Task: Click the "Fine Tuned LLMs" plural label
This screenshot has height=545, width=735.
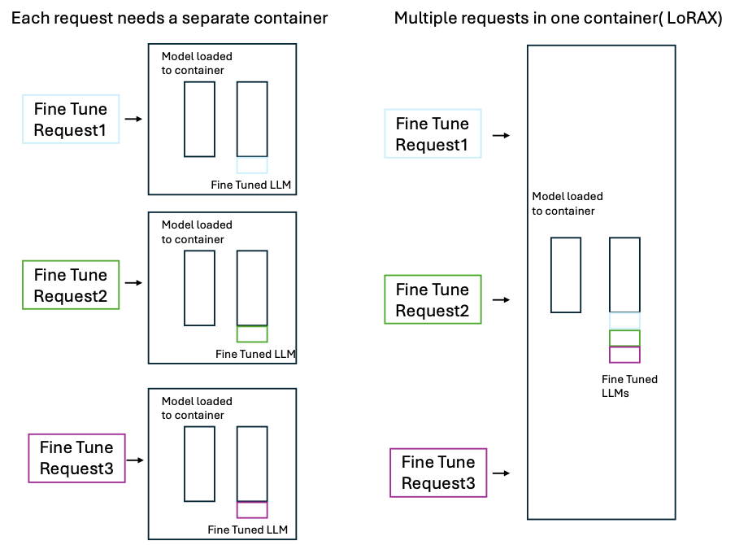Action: pos(629,386)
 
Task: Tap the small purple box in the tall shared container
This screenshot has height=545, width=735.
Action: pos(624,355)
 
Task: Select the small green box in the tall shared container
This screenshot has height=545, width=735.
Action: pos(624,338)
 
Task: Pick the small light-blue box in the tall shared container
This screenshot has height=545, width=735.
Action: pos(624,320)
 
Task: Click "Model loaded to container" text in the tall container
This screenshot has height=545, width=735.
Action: pos(568,203)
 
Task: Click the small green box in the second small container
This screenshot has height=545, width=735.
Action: pos(252,334)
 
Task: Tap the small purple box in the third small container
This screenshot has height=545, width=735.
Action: pos(252,510)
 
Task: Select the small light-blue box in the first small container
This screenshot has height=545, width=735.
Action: pos(252,165)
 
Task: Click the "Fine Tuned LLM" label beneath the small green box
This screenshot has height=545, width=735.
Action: pos(254,354)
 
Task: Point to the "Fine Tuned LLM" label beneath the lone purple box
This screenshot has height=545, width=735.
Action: pos(247,530)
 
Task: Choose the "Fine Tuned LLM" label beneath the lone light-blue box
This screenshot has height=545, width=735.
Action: pos(250,185)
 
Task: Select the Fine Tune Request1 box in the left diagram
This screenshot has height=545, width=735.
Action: pos(71,120)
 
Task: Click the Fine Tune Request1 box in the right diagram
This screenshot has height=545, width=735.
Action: pos(433,134)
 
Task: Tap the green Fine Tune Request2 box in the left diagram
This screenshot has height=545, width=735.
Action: pos(71,286)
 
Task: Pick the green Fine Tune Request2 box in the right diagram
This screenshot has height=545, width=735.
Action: pos(433,299)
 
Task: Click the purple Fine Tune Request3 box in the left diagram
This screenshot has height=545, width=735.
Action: pos(76,458)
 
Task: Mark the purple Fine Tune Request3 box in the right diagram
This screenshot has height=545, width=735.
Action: pos(438,473)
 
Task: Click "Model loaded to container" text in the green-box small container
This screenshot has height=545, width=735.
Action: pos(197,232)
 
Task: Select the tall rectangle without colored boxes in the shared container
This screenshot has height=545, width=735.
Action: pos(566,275)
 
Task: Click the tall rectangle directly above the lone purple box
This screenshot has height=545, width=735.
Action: pos(252,464)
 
